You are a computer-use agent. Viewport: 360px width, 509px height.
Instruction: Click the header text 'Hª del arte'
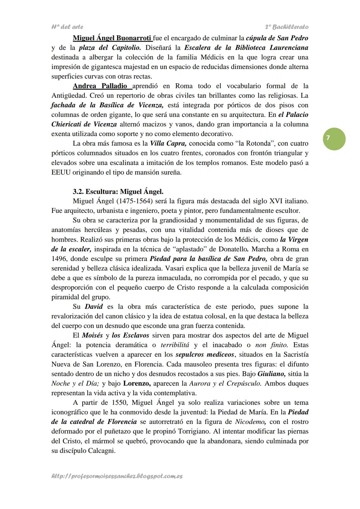click(67, 27)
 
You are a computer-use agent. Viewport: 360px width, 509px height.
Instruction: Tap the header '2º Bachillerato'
click(287, 27)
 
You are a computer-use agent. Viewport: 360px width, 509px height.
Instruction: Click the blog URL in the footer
click(117, 476)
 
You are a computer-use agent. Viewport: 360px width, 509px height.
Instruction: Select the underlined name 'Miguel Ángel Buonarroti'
click(112, 38)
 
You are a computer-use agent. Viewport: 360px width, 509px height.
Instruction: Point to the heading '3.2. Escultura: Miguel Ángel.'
click(118, 192)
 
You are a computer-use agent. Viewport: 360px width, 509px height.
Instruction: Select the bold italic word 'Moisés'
click(92, 335)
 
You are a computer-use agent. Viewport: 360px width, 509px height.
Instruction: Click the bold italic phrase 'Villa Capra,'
click(168, 144)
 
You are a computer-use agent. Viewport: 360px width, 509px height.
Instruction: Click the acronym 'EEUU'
click(61, 173)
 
